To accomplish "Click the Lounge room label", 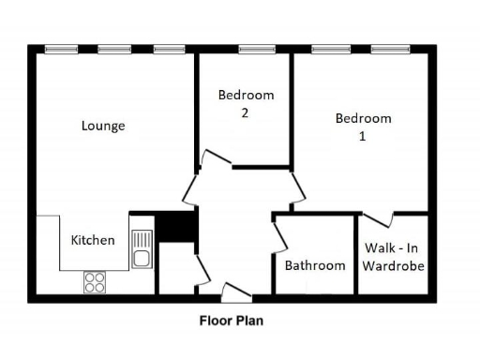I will (x=103, y=126).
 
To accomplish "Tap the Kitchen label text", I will (x=93, y=240).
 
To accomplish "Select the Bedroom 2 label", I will (x=246, y=103).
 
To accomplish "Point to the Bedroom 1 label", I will (x=363, y=127).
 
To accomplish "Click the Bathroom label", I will (x=315, y=265).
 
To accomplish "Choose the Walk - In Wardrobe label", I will (x=394, y=257).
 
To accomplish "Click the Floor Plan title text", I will (x=231, y=321).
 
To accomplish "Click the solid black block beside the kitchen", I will (x=174, y=226).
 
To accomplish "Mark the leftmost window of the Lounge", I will (x=61, y=49).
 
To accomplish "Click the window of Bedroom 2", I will (x=256, y=49).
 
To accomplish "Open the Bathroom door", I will (x=279, y=234).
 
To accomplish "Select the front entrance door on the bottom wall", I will (x=235, y=292).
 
